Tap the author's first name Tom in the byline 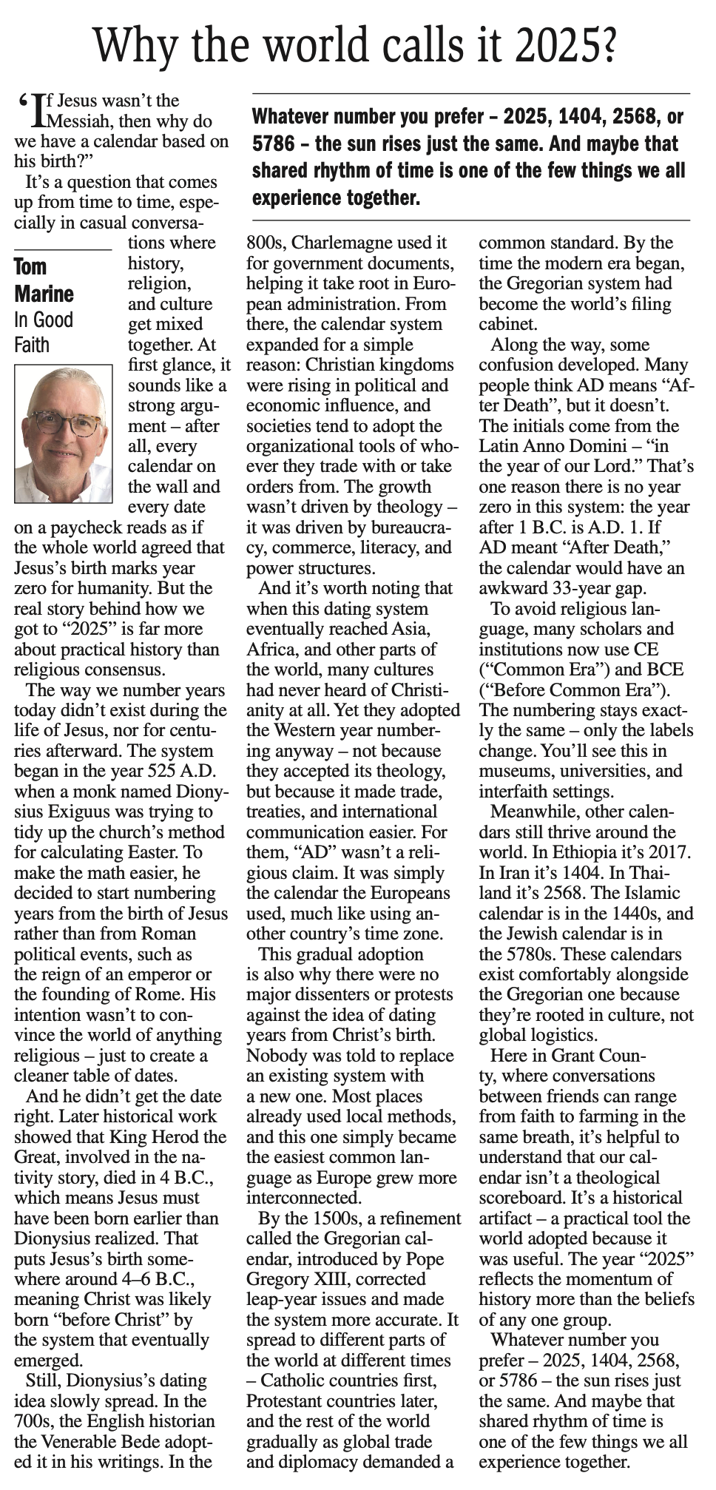click(30, 266)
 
